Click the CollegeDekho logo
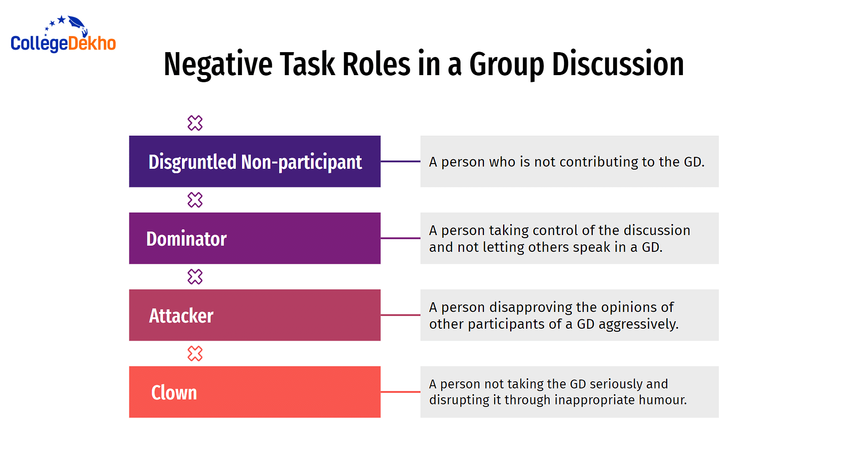coord(63,34)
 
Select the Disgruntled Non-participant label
coord(255,162)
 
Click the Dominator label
coord(186,239)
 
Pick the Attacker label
coord(181,315)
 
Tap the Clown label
coord(174,392)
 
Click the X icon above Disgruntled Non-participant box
coord(195,123)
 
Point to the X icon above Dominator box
coord(195,200)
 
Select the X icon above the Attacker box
coord(195,277)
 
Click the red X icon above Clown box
coord(195,353)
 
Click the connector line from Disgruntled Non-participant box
coord(401,161)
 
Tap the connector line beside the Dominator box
coord(401,238)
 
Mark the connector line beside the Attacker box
coord(401,315)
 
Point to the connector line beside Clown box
coord(401,392)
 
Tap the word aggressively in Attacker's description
coord(638,324)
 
